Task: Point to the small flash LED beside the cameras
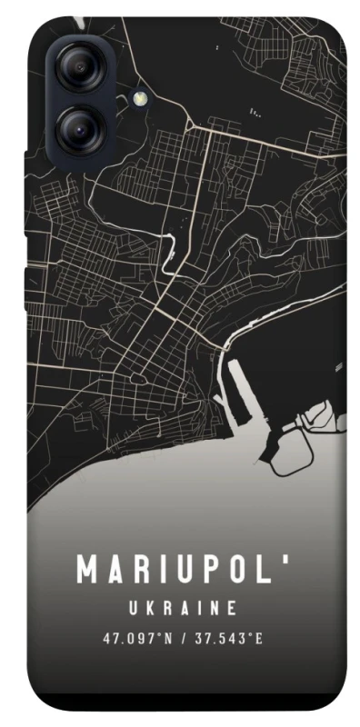coord(139,96)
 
